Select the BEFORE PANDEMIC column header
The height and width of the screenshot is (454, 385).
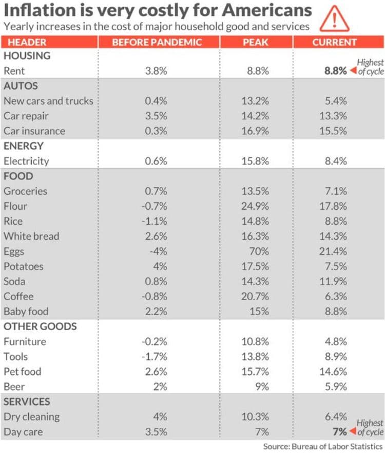tap(157, 42)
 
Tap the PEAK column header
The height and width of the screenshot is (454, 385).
tap(255, 42)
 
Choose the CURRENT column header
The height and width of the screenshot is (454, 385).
tap(335, 42)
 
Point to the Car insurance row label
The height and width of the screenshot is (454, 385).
tap(34, 131)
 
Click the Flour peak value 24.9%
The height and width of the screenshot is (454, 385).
tap(255, 206)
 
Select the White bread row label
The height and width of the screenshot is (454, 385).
tap(31, 237)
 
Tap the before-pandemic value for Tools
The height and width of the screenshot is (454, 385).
tap(156, 356)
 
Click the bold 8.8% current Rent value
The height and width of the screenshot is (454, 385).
tap(335, 71)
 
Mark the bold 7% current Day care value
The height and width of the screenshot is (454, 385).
tap(338, 431)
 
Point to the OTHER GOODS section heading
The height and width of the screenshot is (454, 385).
tap(40, 326)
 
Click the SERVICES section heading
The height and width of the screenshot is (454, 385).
tap(27, 402)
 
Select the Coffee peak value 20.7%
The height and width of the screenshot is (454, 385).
tap(255, 297)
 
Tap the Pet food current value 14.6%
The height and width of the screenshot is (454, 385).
tap(335, 372)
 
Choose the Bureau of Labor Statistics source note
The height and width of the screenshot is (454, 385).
tap(323, 446)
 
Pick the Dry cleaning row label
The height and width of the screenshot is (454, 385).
tap(31, 416)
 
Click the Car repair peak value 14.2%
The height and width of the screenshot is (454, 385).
tap(255, 116)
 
